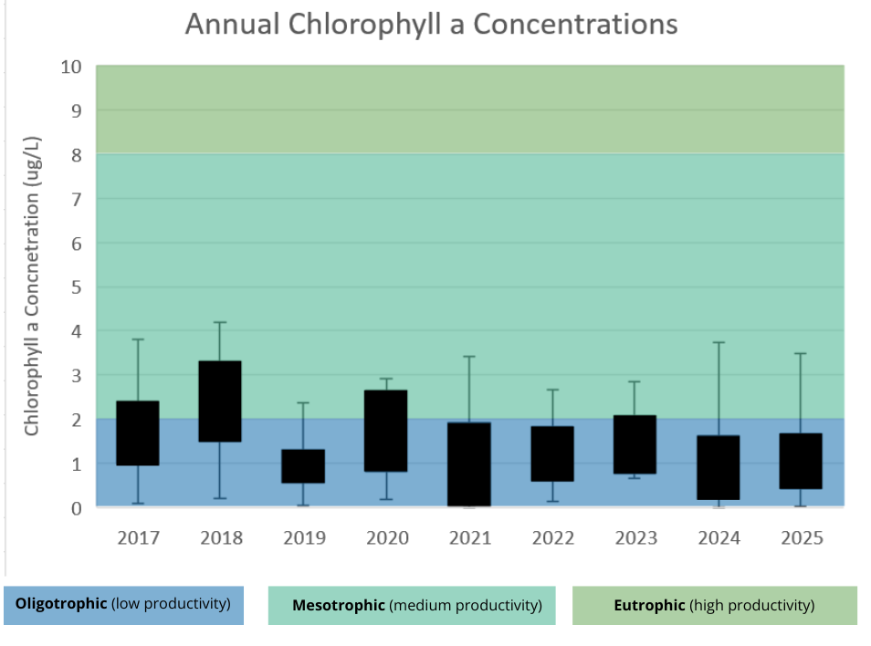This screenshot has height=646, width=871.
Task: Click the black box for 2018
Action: tap(220, 401)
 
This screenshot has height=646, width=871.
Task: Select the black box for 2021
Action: tap(469, 464)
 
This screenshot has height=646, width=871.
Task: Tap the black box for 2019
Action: tap(303, 466)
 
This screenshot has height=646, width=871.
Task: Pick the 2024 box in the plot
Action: tap(719, 468)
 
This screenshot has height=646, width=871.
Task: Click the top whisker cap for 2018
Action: tap(220, 322)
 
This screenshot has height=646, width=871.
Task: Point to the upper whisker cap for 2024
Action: tap(719, 343)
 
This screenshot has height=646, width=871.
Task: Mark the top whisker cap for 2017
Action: tap(138, 339)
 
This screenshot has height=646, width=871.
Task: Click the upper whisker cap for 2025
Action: tap(801, 353)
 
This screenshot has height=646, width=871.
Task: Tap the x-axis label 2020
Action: tap(387, 537)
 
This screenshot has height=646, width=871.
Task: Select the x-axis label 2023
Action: tap(636, 537)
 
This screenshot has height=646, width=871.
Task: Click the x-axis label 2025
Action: tap(803, 537)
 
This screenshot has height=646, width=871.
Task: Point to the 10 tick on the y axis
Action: tap(71, 68)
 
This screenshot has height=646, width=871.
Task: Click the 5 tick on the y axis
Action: tap(77, 287)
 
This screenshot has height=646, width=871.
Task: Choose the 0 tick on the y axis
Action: tap(77, 508)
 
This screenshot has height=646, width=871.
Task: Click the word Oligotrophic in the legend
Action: tap(61, 604)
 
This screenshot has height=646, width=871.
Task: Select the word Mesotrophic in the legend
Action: tap(339, 605)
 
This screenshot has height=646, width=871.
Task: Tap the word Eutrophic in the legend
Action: tap(649, 605)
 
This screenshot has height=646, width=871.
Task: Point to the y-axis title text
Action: tap(32, 286)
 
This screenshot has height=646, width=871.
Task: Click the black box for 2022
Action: tap(552, 454)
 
